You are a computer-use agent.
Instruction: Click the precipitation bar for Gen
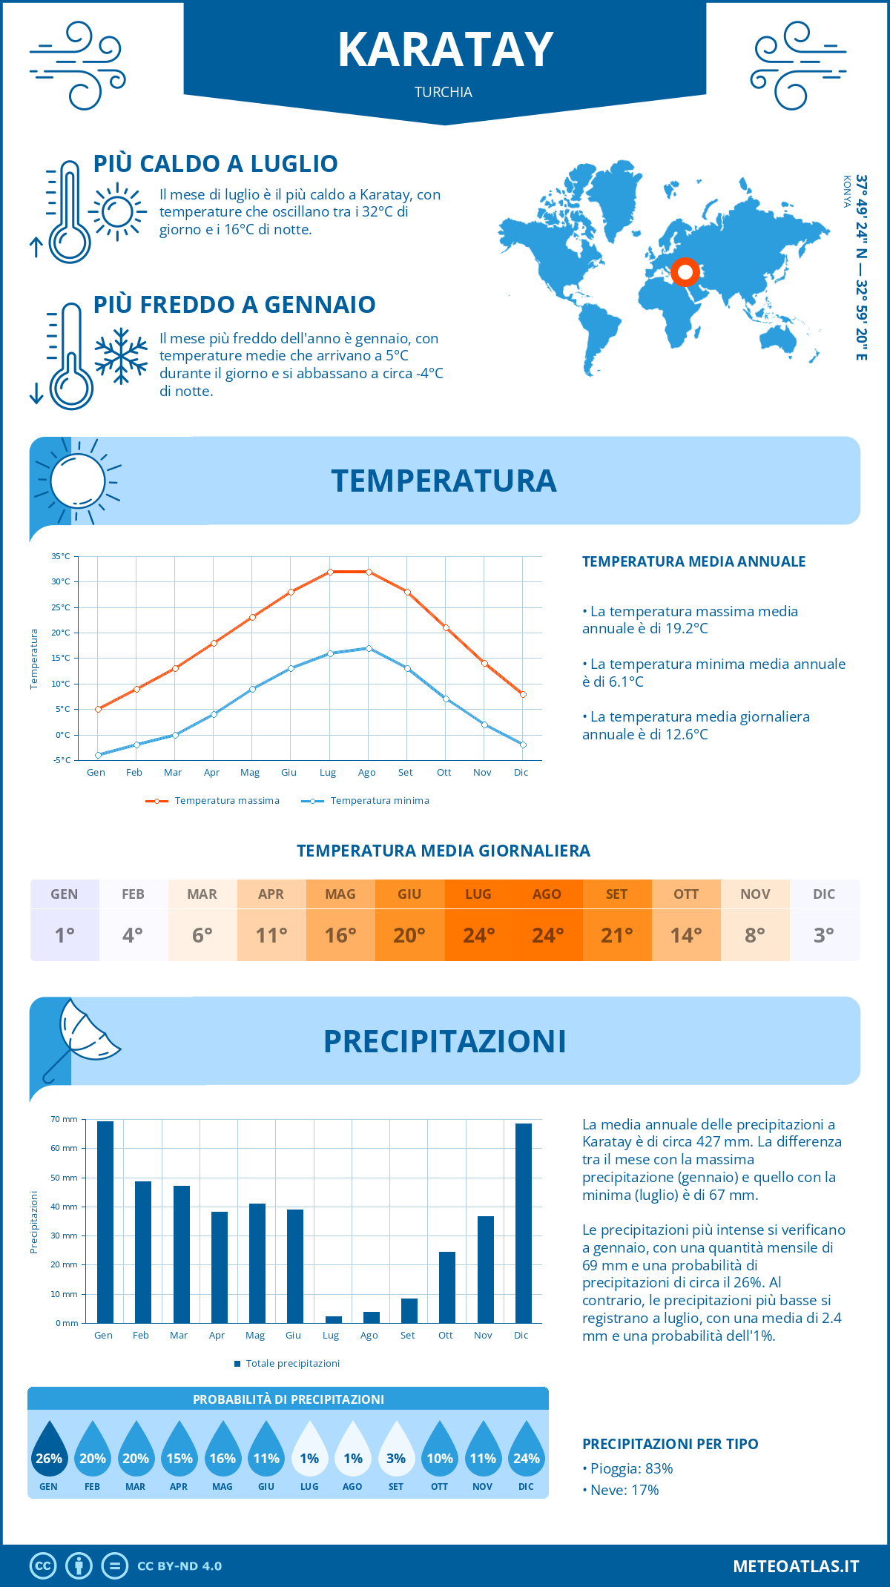(105, 1221)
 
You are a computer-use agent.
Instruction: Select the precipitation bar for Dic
(524, 1223)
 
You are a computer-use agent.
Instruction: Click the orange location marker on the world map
(685, 272)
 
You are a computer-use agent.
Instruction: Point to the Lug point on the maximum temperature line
(330, 572)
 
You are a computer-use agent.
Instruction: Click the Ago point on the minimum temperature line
(369, 648)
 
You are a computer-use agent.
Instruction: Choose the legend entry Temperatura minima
(366, 801)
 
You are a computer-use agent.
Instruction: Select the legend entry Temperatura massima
(213, 801)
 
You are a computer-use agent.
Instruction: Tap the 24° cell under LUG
(478, 935)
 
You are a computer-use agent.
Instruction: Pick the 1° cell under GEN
(65, 935)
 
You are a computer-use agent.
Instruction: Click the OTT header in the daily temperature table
(686, 894)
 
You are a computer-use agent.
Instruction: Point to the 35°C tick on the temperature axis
(61, 556)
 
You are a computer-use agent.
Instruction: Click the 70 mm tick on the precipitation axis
(65, 1119)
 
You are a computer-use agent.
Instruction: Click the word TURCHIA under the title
(444, 92)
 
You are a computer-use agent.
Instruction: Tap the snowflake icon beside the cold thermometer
(121, 356)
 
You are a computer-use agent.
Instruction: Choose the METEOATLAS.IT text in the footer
(796, 1565)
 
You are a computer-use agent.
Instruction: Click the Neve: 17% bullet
(622, 1490)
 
